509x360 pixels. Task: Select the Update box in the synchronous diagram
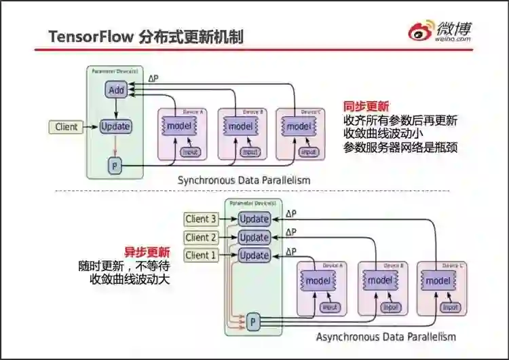(x=115, y=126)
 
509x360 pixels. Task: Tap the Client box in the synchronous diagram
(x=67, y=126)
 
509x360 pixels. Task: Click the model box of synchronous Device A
(x=180, y=126)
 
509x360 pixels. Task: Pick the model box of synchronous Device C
(x=299, y=126)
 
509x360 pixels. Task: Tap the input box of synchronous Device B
(x=250, y=152)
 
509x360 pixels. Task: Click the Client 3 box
(x=201, y=219)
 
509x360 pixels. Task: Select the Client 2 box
(x=201, y=237)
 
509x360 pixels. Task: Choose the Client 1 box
(x=201, y=255)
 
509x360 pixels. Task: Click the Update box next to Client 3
(x=254, y=219)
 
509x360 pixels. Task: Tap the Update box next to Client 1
(x=254, y=255)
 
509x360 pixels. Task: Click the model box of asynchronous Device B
(x=379, y=281)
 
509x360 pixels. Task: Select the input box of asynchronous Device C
(x=450, y=308)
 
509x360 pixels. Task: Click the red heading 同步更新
(x=366, y=107)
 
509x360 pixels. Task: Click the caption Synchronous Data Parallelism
(x=244, y=181)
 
